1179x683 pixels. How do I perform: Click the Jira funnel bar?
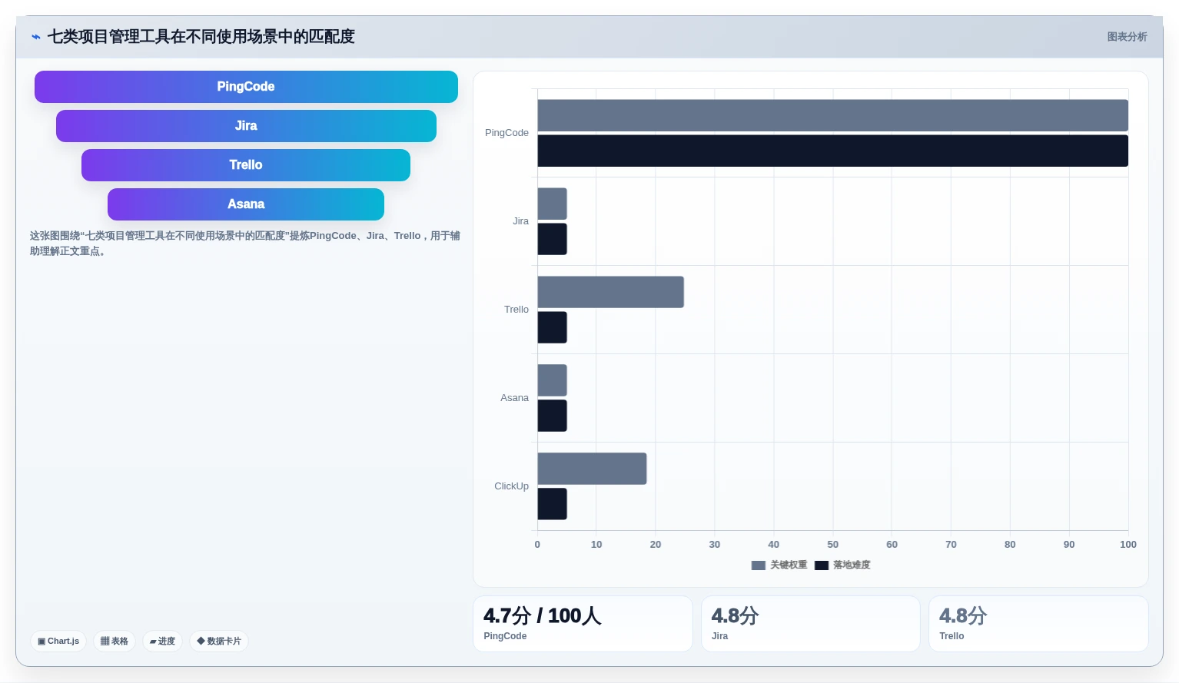click(246, 126)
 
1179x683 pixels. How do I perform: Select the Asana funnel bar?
click(246, 204)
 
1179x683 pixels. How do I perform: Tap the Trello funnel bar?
click(246, 165)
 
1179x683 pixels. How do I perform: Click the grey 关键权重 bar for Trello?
click(610, 292)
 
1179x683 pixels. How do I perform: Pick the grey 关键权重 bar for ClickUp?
click(592, 469)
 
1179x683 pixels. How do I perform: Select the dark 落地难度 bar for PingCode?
click(832, 151)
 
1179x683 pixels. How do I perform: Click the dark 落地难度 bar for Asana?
click(552, 416)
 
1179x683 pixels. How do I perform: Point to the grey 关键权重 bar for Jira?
click(552, 204)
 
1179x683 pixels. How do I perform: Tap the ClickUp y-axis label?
click(511, 486)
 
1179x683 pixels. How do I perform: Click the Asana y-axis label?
click(514, 398)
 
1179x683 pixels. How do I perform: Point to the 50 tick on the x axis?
click(832, 545)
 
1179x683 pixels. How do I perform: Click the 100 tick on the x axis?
click(1128, 545)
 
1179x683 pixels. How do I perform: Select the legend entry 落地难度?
click(842, 565)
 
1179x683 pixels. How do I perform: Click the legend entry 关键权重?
click(779, 565)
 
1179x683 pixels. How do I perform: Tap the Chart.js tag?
click(58, 641)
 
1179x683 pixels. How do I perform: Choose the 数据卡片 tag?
click(218, 641)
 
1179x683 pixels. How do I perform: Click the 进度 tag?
click(162, 641)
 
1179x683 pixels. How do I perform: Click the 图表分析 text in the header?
click(1127, 37)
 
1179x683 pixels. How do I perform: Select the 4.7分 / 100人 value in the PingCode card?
click(542, 615)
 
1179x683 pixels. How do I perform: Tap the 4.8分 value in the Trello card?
click(963, 615)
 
